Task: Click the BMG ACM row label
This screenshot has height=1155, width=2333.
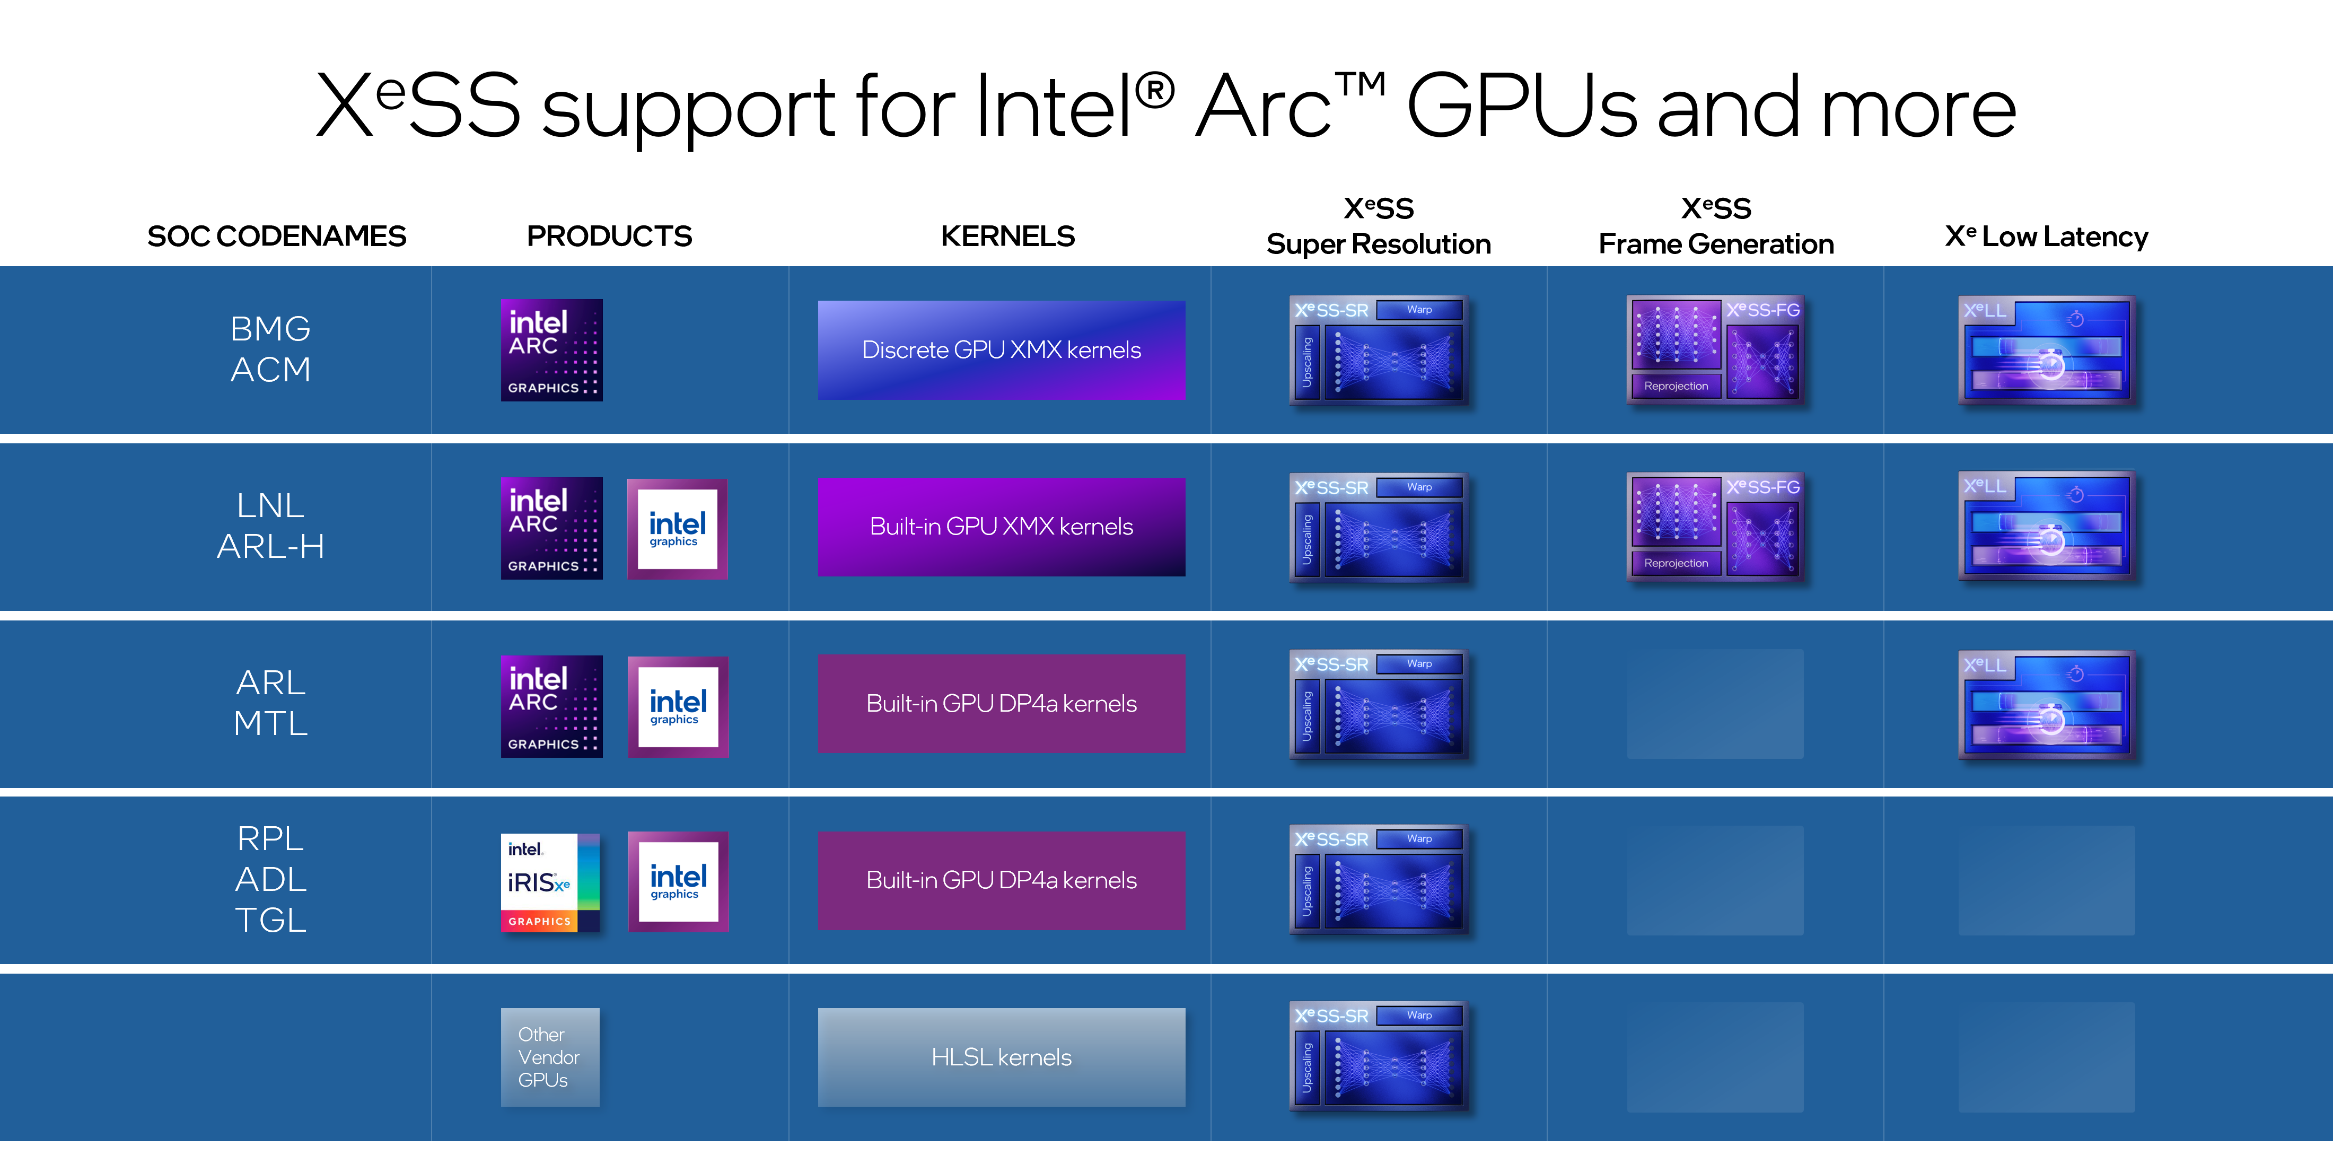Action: [270, 349]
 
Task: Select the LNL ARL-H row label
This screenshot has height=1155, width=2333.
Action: [270, 526]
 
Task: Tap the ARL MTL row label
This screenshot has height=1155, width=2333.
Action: [270, 703]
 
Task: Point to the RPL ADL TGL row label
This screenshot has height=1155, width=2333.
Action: [270, 879]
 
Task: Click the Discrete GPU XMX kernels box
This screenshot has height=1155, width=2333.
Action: [1001, 349]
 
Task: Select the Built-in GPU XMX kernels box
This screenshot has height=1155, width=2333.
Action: [1001, 526]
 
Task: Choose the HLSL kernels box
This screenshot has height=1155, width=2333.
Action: [1001, 1057]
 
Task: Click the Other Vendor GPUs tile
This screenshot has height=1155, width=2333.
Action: [550, 1057]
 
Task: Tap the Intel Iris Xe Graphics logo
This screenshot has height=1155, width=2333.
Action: [550, 882]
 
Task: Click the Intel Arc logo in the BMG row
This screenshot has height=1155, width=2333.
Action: [551, 349]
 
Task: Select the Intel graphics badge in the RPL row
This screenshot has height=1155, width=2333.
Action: [678, 881]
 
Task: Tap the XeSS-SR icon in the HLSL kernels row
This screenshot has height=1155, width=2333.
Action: [1378, 1055]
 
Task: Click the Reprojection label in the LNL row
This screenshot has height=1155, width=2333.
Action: [1676, 563]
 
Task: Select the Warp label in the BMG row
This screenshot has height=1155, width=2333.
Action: [1419, 310]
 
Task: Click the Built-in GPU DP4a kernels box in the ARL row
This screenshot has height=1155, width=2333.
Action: [1001, 704]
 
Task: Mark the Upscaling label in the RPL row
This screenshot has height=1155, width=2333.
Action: [1306, 891]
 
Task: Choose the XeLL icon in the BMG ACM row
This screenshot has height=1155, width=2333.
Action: [2046, 349]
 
